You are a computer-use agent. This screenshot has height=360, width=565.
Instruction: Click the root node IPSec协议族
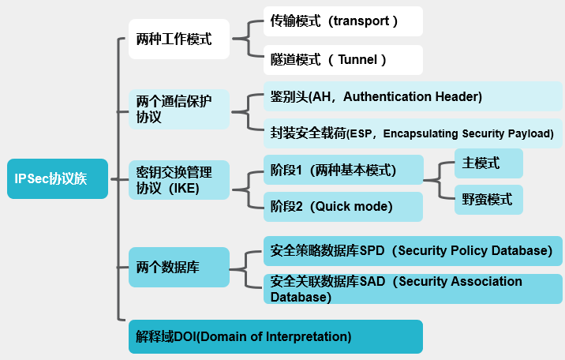tap(57, 178)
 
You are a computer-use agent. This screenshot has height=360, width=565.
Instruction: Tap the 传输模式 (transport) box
tap(343, 21)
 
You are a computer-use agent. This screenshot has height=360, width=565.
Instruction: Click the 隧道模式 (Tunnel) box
tap(343, 59)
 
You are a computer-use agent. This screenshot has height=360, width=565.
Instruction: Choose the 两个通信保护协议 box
tap(179, 109)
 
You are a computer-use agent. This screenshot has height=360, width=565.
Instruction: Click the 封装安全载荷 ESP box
tap(413, 134)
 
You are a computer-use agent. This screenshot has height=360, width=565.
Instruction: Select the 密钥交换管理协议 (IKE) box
tap(179, 180)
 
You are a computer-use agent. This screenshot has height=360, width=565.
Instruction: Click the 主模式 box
tap(488, 163)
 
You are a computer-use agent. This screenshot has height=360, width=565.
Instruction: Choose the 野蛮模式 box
tap(488, 200)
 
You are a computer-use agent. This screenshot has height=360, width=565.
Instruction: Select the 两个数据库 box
tap(179, 268)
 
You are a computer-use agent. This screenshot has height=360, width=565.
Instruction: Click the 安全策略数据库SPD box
tap(413, 251)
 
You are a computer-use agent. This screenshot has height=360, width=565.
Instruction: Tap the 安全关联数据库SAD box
tap(413, 289)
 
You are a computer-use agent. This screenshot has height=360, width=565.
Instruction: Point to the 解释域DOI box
tap(275, 336)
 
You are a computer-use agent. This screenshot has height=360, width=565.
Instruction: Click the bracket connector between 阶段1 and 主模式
tap(439, 181)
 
